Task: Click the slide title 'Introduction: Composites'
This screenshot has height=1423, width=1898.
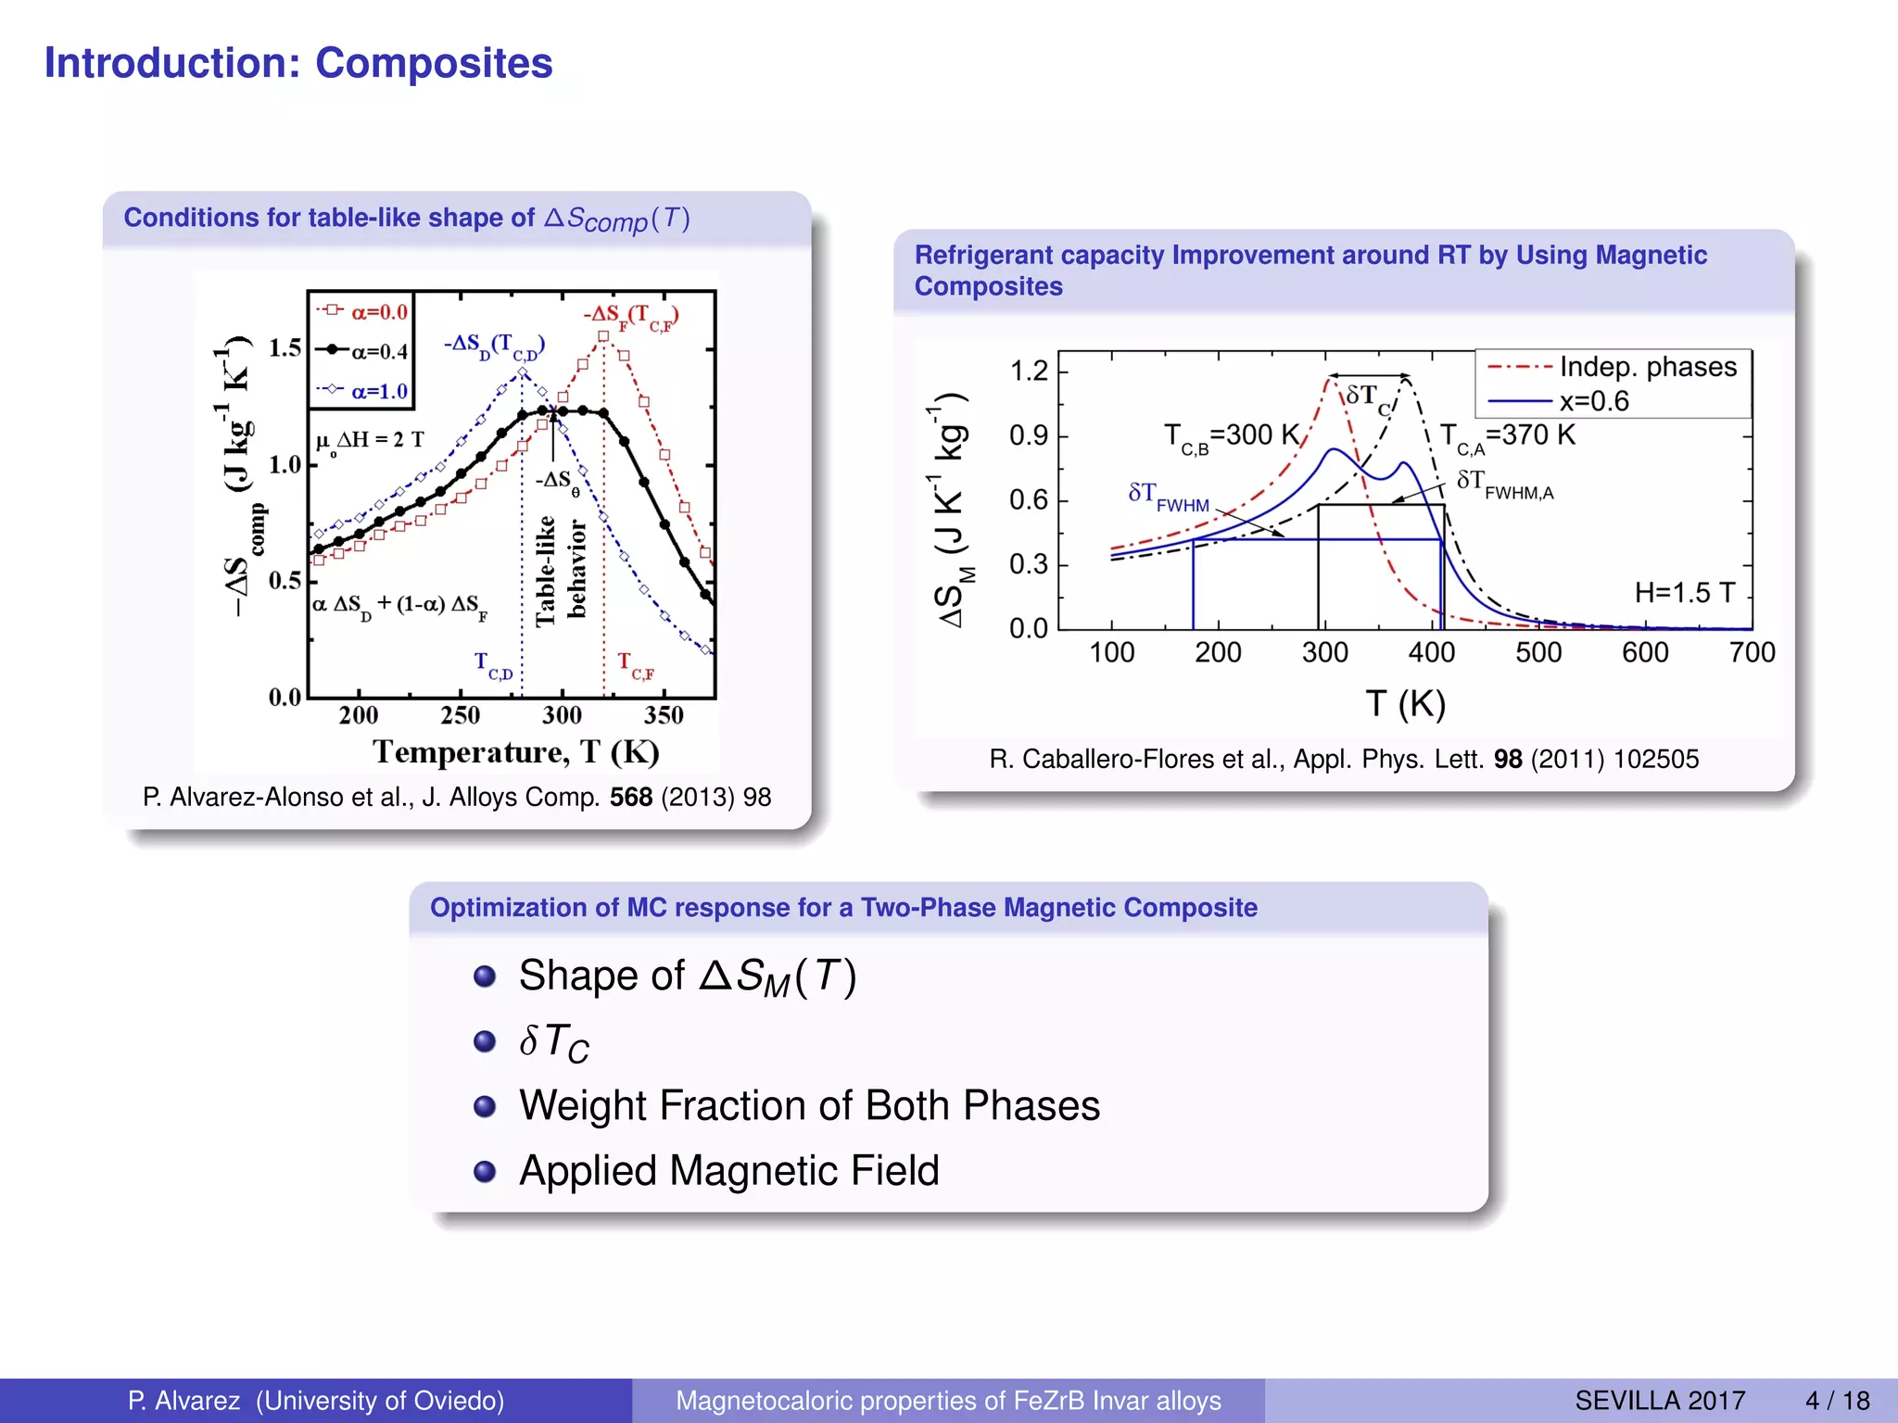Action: click(x=298, y=64)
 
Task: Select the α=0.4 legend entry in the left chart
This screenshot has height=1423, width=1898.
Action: click(x=364, y=351)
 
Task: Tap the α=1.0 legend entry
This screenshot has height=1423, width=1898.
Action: click(x=364, y=391)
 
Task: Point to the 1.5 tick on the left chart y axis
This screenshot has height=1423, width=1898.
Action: click(x=285, y=348)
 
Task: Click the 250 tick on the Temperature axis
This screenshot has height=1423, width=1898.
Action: click(x=461, y=715)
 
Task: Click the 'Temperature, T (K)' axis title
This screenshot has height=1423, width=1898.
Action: click(x=516, y=751)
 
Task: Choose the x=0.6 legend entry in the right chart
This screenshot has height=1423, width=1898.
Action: click(x=1593, y=401)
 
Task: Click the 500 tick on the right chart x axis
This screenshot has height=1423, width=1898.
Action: click(x=1538, y=653)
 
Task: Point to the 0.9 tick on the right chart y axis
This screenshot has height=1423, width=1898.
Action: click(x=1029, y=435)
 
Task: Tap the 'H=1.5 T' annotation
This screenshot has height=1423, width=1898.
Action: click(x=1684, y=592)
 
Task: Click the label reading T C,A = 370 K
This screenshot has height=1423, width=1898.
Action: click(x=1507, y=435)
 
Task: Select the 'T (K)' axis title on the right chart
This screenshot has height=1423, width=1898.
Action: click(x=1405, y=704)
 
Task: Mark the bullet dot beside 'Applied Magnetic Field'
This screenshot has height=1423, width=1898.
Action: click(x=484, y=1172)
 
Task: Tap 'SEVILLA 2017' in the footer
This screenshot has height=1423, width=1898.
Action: click(x=1660, y=1400)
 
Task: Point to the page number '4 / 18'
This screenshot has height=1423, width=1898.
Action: click(x=1837, y=1400)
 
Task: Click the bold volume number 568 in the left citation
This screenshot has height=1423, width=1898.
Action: click(x=631, y=797)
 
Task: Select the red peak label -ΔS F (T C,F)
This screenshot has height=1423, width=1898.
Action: click(x=631, y=317)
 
